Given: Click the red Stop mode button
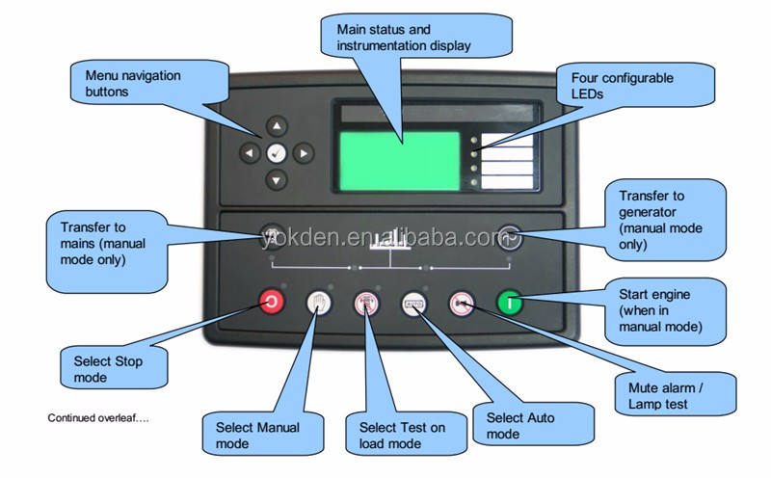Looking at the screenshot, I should (x=272, y=304).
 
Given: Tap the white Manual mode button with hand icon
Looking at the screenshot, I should (x=319, y=304).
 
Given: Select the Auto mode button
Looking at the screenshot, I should (x=414, y=304).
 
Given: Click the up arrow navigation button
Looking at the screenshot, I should (x=278, y=125).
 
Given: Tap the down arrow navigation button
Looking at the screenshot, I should (x=278, y=178).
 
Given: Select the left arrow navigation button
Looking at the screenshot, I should (x=251, y=152).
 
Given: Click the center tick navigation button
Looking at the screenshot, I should (x=278, y=152).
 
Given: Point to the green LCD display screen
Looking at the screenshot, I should (x=399, y=161).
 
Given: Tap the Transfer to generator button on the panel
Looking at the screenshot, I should (x=510, y=231).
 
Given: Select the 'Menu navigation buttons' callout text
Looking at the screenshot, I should (x=133, y=83).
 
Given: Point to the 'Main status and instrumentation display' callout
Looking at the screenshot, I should (x=404, y=37).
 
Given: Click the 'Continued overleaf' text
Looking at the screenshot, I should (x=98, y=418).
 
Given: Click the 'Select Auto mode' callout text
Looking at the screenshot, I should (x=521, y=426).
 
